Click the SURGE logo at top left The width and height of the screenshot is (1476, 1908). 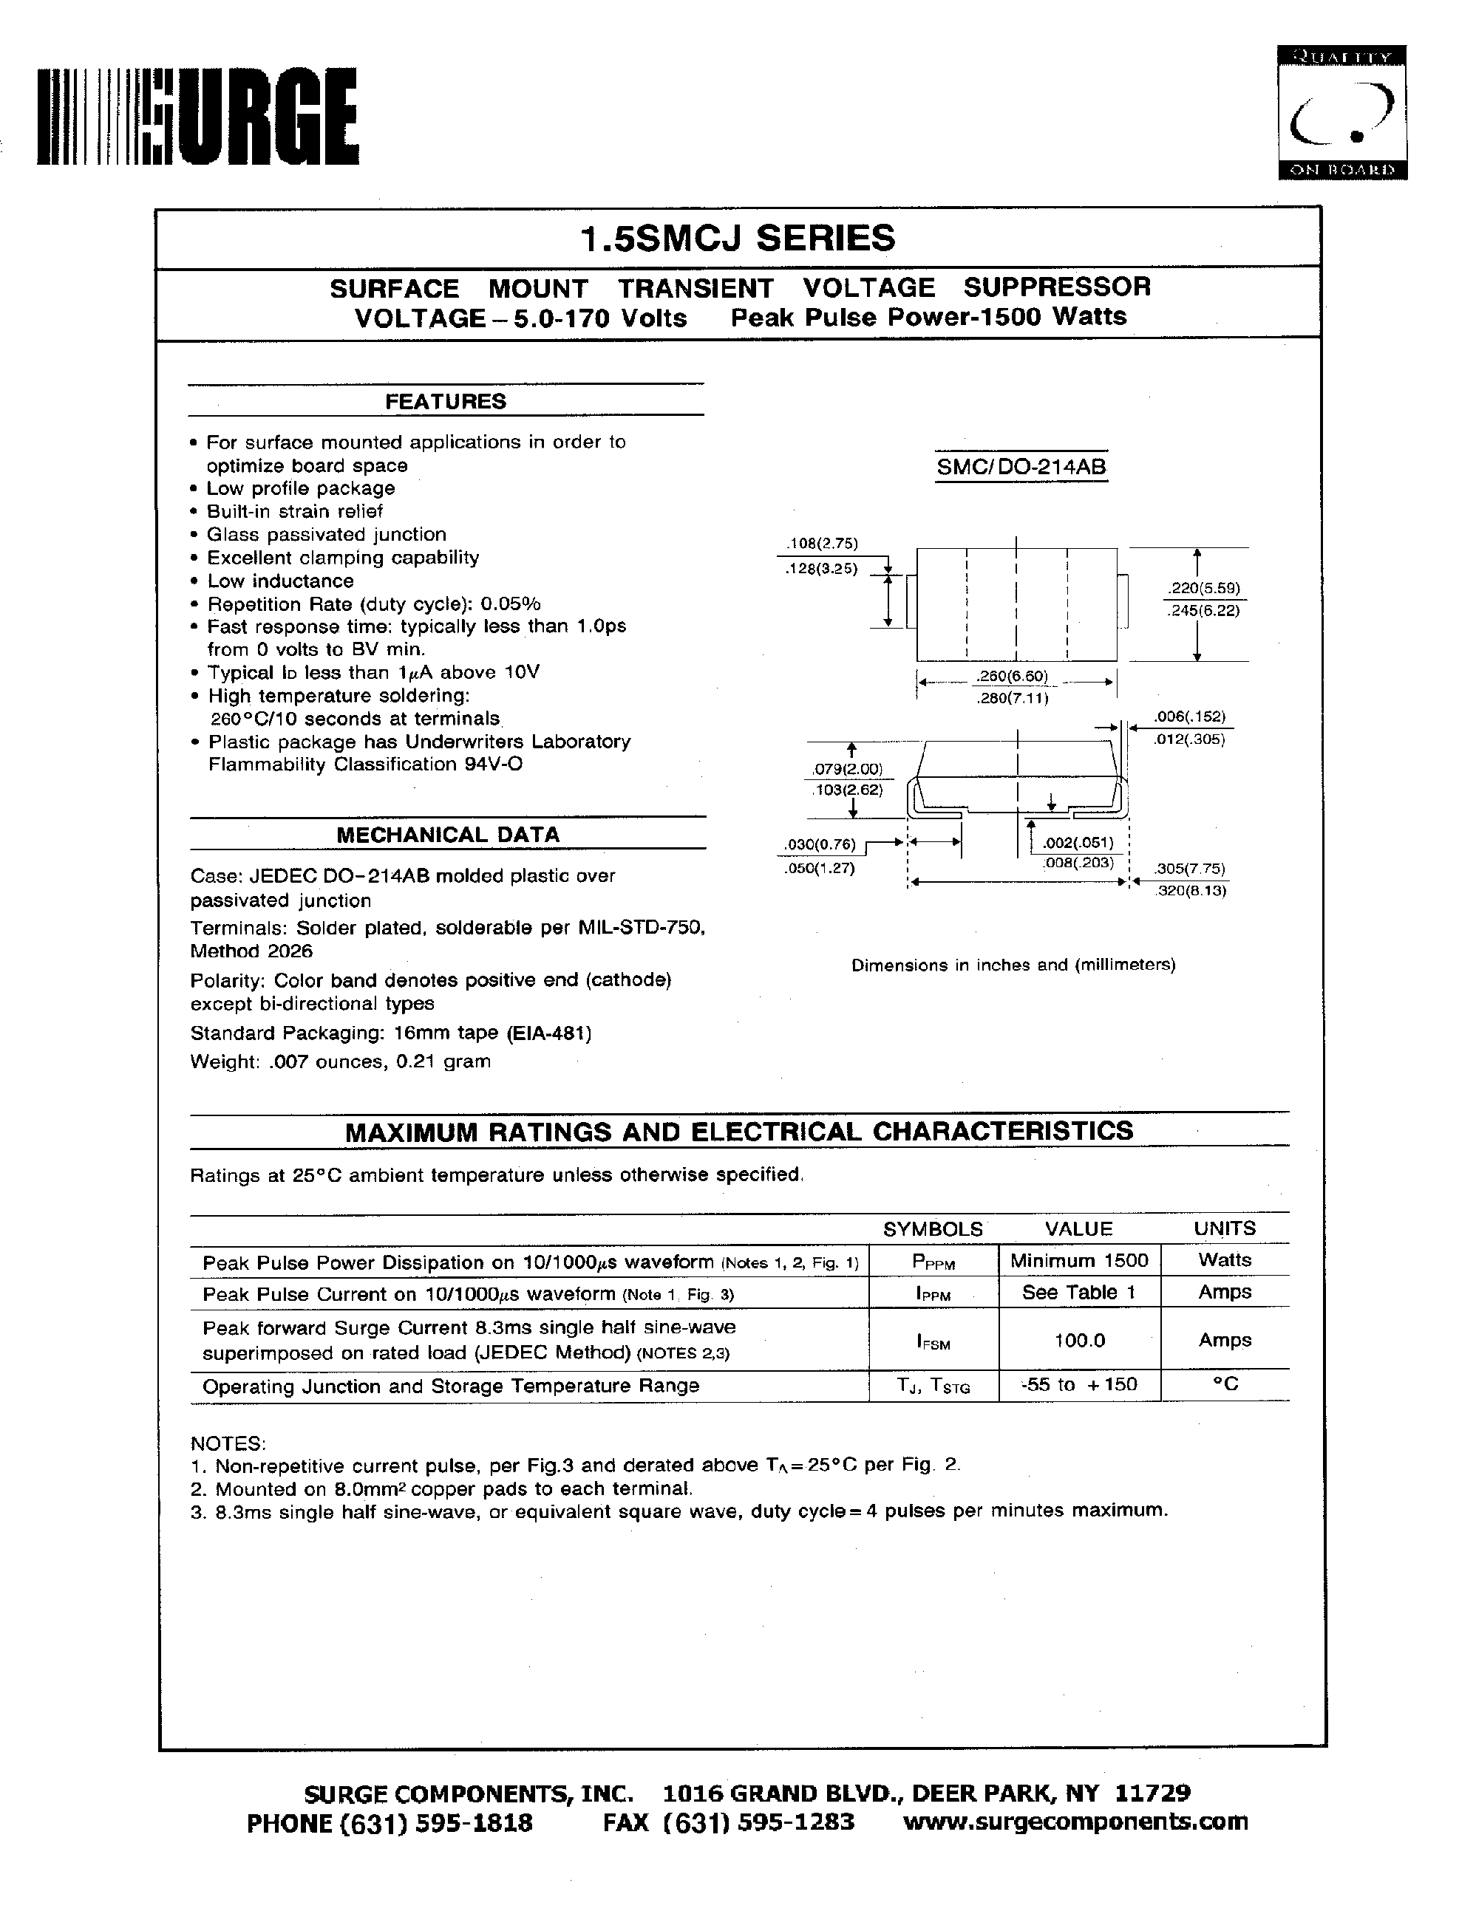pos(197,117)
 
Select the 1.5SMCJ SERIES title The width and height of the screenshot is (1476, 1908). pos(738,239)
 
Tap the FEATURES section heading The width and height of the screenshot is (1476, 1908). pos(446,401)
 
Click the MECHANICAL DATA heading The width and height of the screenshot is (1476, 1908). pos(447,834)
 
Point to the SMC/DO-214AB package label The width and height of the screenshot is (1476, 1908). pos(1021,468)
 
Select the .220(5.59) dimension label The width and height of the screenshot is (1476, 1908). pos(1203,588)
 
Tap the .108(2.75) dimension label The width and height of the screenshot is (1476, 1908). pos(823,544)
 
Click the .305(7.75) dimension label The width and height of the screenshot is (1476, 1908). pos(1190,869)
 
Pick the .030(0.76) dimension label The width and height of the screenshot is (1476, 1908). pos(820,845)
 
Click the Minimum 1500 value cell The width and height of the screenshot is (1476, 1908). pos(1078,1259)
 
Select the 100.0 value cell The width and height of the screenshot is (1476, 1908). pos(1079,1340)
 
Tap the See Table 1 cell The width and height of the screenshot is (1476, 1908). pos(1078,1292)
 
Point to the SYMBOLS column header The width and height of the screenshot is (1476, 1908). pos(933,1228)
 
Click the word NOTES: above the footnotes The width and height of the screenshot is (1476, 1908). pos(227,1443)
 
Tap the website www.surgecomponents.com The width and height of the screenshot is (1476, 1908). pos(1075,1822)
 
